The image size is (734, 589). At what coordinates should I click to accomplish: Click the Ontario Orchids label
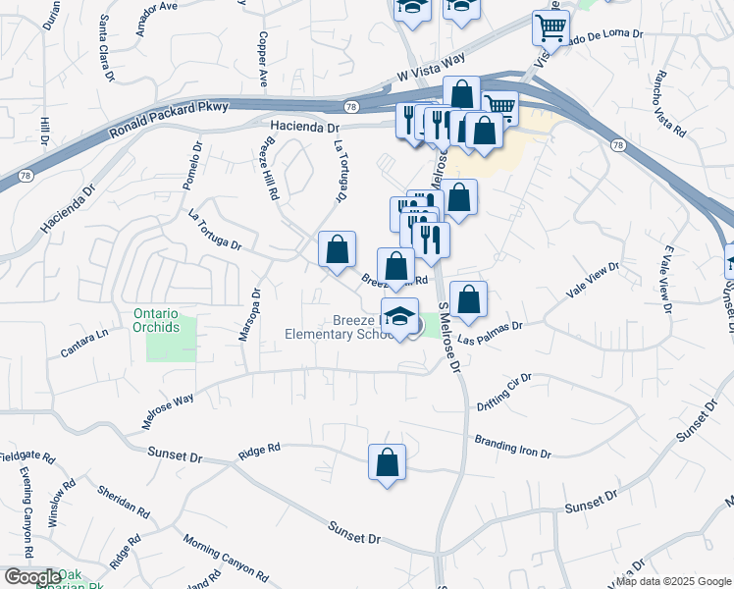(x=157, y=320)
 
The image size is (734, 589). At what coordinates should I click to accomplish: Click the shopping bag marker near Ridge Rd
(x=388, y=463)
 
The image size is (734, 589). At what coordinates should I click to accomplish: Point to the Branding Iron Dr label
(x=512, y=447)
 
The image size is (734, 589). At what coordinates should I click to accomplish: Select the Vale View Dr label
(x=594, y=281)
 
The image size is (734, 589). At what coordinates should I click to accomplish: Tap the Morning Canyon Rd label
(x=226, y=557)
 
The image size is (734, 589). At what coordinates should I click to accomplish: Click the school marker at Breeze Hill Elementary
(x=399, y=317)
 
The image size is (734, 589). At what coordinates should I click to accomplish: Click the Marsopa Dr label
(x=248, y=314)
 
